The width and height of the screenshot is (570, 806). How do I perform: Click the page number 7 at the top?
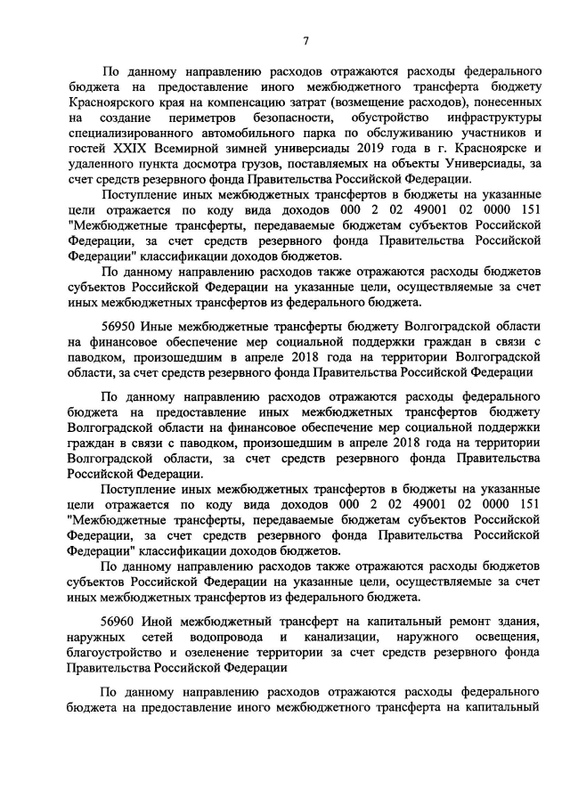click(305, 39)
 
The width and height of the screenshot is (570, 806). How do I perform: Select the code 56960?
click(120, 619)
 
